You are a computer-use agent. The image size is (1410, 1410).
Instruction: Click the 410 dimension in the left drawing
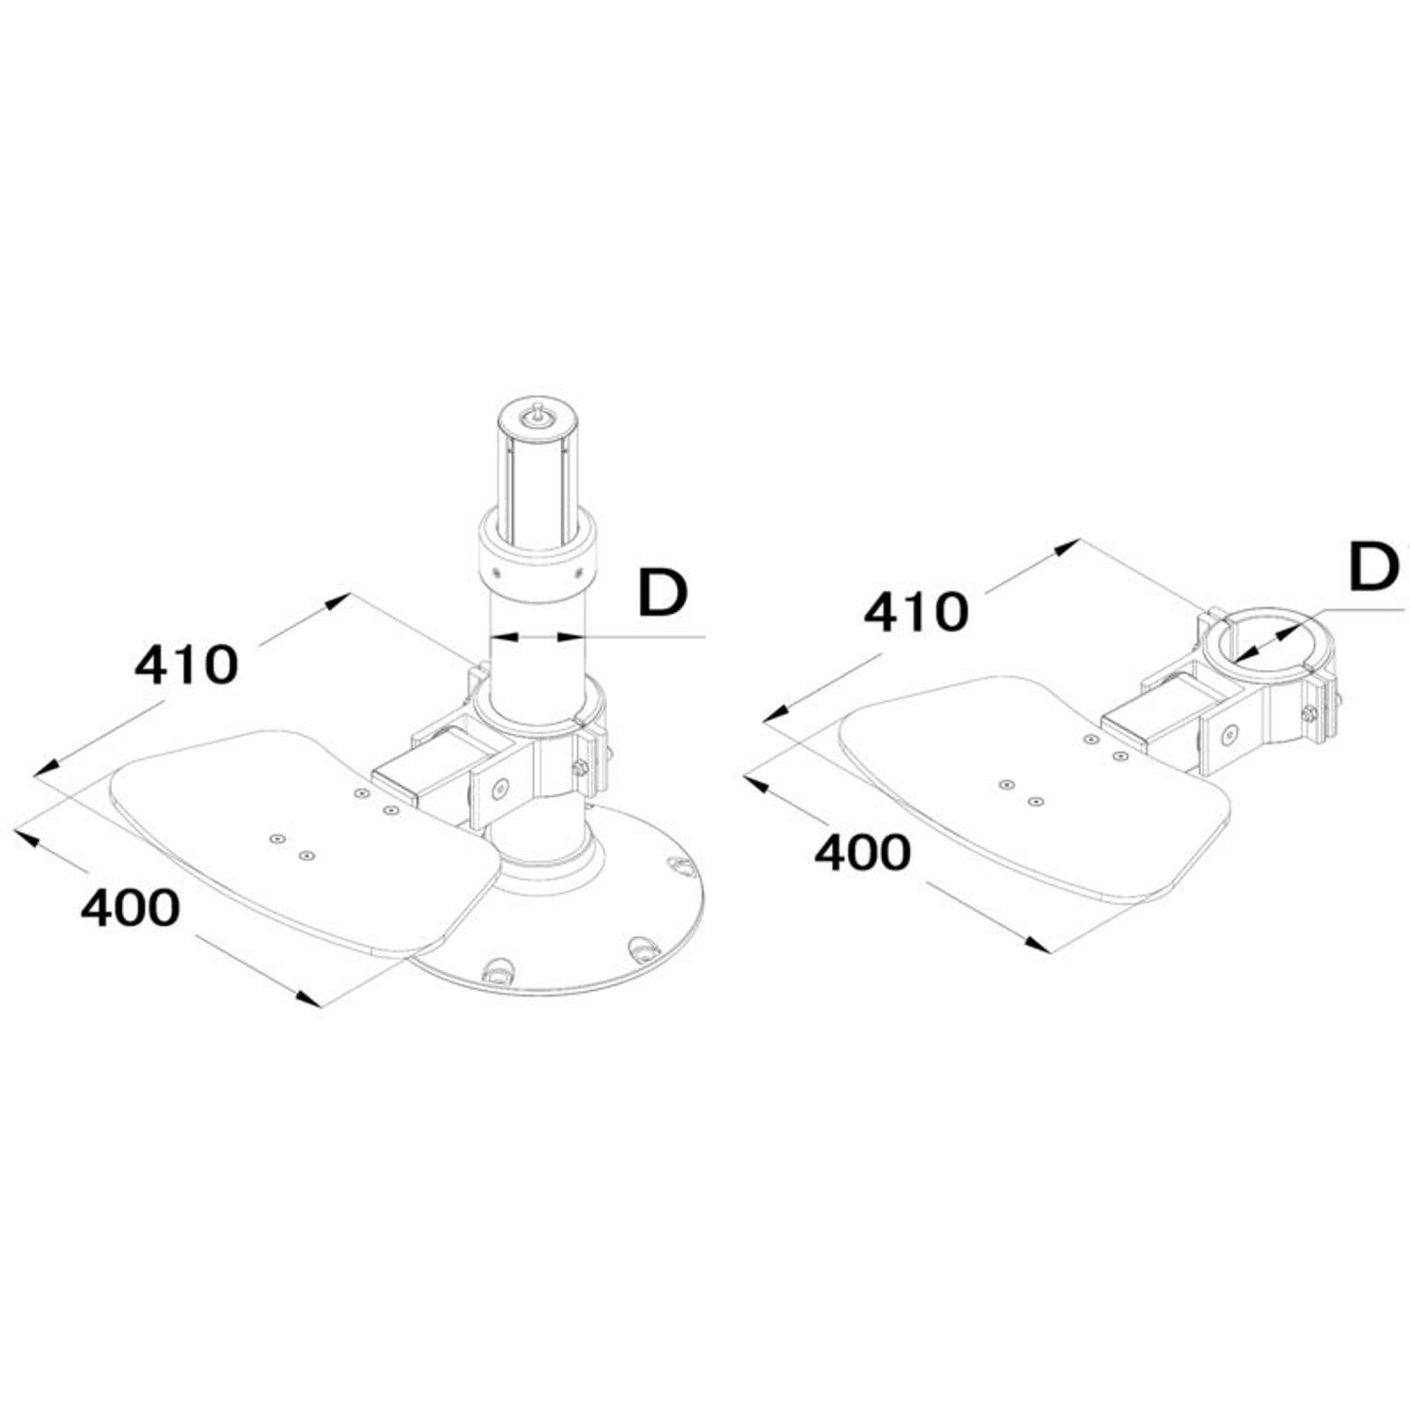pyautogui.click(x=186, y=665)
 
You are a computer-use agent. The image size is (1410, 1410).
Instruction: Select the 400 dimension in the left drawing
pyautogui.click(x=129, y=908)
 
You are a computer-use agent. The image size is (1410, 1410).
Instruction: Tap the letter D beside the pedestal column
pyautogui.click(x=663, y=593)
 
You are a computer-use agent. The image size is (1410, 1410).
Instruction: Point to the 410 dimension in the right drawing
pyautogui.click(x=916, y=612)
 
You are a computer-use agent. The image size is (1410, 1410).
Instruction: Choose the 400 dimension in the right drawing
pyautogui.click(x=862, y=853)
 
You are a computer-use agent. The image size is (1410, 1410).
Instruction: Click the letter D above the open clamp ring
pyautogui.click(x=1373, y=568)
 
